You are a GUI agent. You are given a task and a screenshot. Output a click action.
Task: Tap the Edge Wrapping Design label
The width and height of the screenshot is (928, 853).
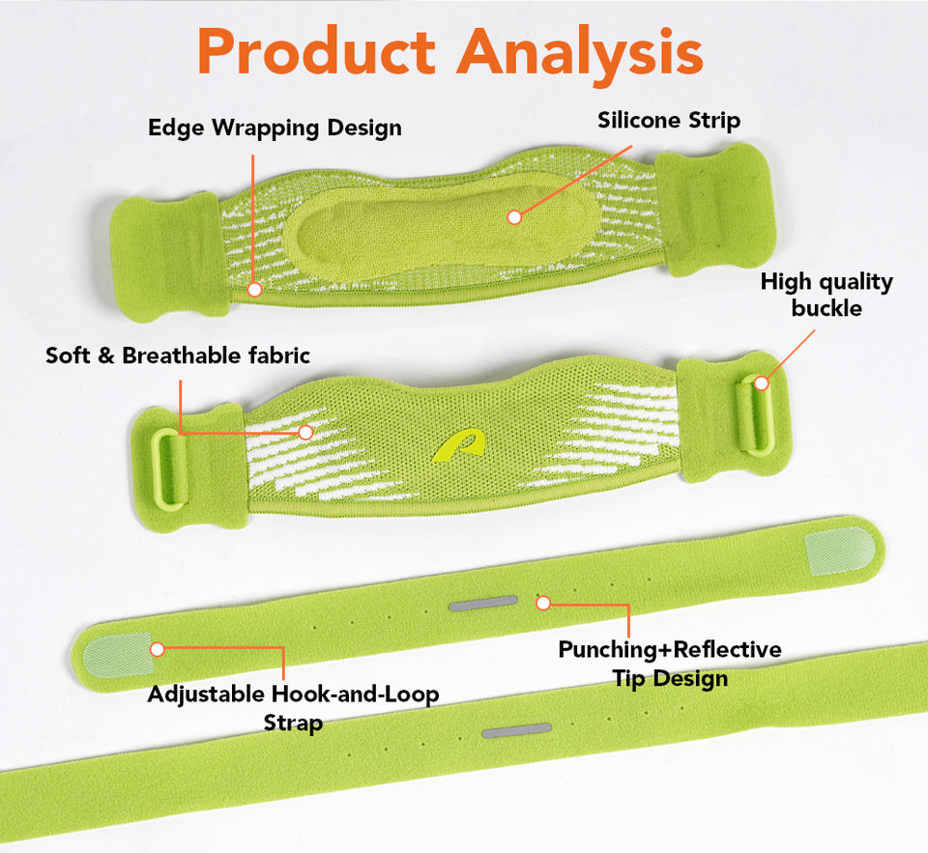coord(275,128)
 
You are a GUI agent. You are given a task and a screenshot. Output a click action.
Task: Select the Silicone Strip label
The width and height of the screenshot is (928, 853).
coord(669,121)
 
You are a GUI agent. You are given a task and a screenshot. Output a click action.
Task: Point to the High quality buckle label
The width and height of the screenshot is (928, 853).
coord(826,295)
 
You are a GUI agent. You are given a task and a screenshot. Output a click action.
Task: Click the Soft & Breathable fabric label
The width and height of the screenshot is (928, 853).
coord(178,355)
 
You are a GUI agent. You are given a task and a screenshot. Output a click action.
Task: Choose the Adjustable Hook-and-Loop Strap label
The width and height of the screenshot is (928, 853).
coord(293,707)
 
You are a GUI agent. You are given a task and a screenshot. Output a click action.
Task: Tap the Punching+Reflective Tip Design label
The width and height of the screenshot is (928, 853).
coord(669,663)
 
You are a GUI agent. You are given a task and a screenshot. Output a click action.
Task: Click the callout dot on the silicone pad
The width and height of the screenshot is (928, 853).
coord(514,217)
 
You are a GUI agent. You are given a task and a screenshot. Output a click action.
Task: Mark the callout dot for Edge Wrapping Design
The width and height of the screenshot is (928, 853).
coord(254,289)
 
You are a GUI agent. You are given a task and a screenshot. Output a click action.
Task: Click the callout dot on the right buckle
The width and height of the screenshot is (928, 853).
coord(761,384)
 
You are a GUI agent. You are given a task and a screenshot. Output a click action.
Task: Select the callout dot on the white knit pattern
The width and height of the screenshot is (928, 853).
coord(305,433)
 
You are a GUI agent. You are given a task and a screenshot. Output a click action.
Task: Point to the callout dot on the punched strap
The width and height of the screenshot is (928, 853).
coord(543,603)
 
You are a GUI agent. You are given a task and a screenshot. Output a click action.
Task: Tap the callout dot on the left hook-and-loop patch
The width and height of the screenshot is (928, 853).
coord(158,649)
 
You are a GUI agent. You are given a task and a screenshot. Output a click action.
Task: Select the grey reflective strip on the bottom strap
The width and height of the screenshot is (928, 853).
coord(516,729)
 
